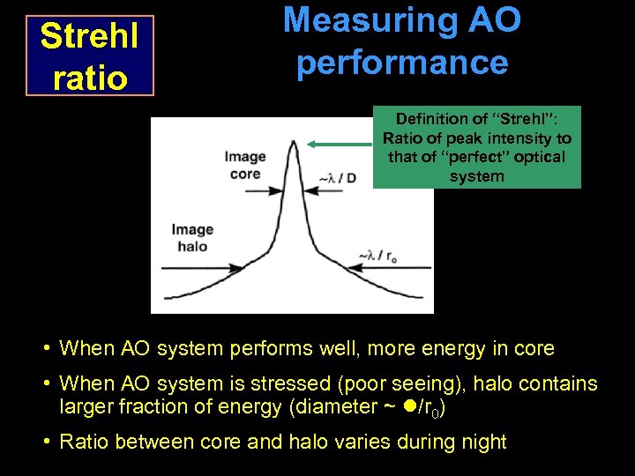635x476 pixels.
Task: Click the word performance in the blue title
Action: [x=402, y=62]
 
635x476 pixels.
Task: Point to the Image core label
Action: [x=244, y=165]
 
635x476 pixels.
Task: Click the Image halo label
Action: [x=192, y=238]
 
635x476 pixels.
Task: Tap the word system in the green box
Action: [x=476, y=176]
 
